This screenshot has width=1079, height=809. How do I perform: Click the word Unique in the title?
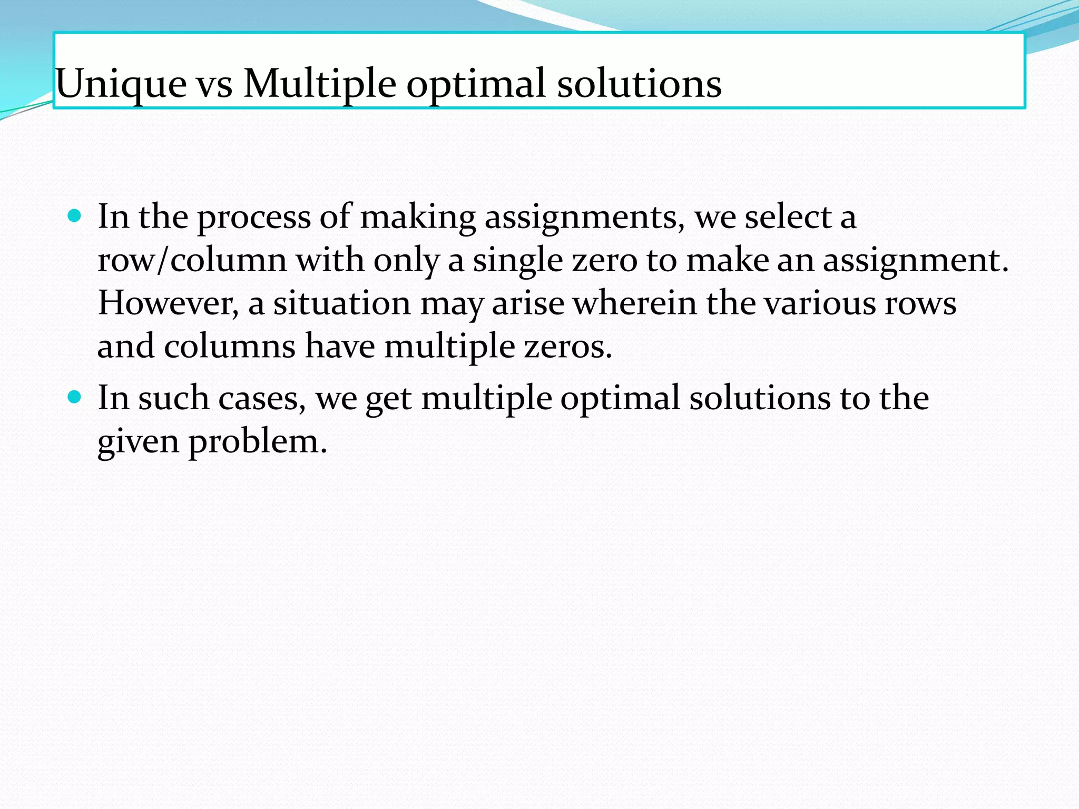(x=121, y=84)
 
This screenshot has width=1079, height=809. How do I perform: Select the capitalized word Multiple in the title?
(x=319, y=84)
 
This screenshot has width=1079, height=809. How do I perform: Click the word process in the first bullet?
(x=254, y=218)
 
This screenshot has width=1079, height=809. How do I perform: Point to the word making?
(x=418, y=218)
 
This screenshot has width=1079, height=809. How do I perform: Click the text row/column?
(x=192, y=260)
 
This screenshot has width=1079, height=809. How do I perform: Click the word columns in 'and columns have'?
(x=230, y=347)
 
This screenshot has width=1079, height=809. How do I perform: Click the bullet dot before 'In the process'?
(x=75, y=215)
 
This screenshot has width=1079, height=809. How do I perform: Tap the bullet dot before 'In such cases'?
(x=75, y=396)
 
